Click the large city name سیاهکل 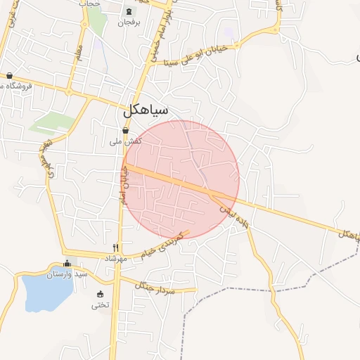tap(146, 110)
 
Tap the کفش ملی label tap(125, 141)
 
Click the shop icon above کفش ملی tap(125, 130)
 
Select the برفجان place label tap(129, 22)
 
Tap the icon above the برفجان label tap(128, 11)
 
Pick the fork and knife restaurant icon tap(116, 248)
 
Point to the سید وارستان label tap(67, 274)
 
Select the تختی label tap(100, 305)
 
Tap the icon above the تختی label tap(100, 294)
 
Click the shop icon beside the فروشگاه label tap(9, 75)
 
